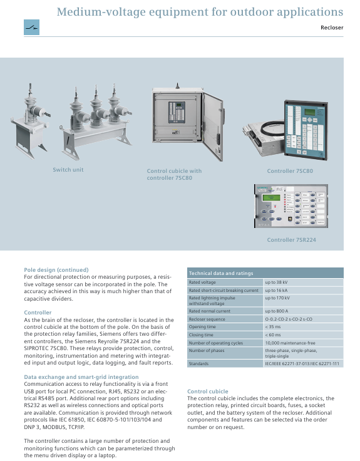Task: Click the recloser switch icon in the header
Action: coord(31,28)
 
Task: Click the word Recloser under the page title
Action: coord(332,28)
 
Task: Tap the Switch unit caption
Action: coord(68,170)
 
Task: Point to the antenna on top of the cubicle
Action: coord(177,86)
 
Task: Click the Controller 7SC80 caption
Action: coord(290,171)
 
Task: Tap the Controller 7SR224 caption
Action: coord(291,240)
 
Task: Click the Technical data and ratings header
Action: coord(221,273)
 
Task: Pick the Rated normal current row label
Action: coord(210,311)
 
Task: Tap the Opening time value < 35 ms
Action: coord(273,327)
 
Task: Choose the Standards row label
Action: coord(198,364)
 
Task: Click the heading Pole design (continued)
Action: coord(56,270)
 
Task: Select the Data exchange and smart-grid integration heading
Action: coord(81,377)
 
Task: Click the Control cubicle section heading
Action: coord(208,391)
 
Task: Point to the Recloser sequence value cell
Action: coord(304,319)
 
